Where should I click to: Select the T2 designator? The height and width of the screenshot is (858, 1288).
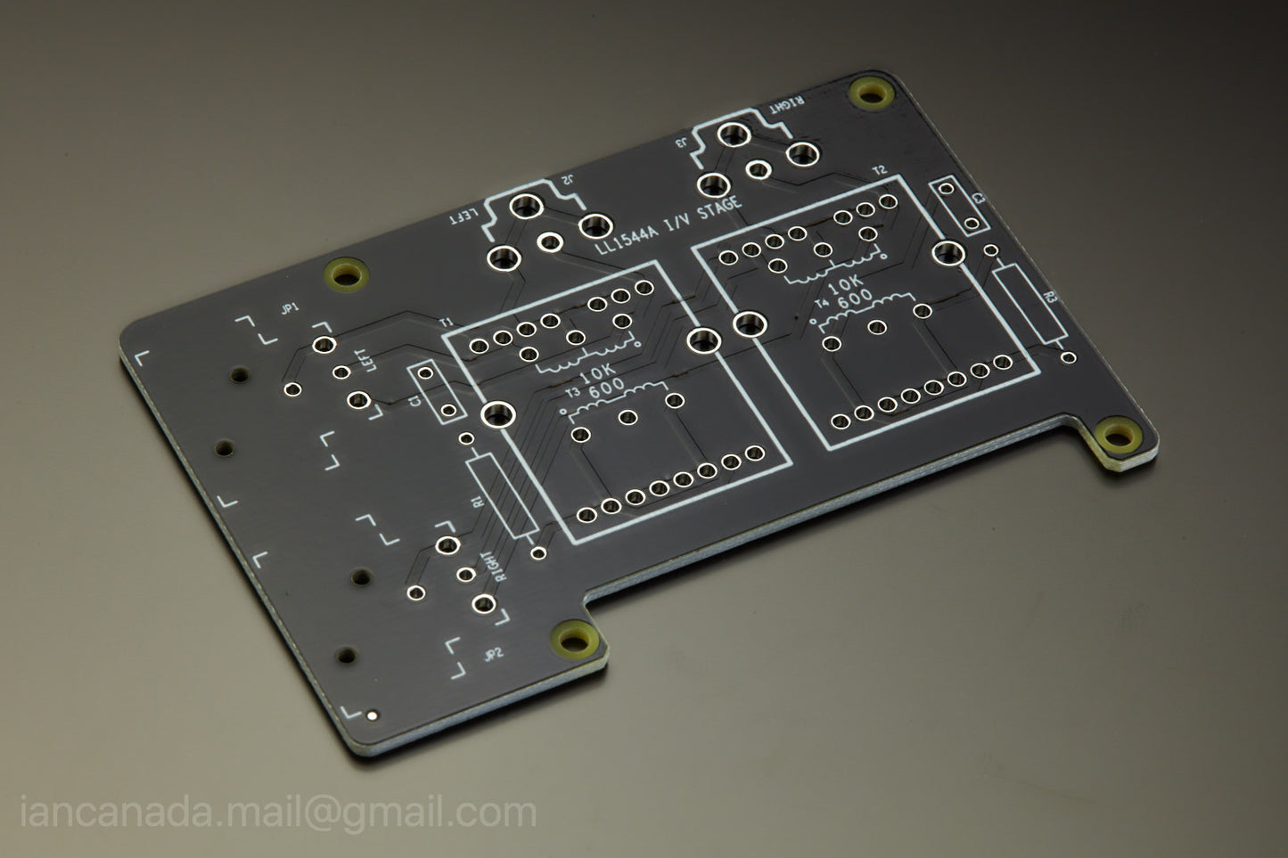(x=880, y=169)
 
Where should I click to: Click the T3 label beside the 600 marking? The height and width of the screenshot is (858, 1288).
(x=572, y=393)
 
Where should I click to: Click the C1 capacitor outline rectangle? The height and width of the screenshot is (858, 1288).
(x=437, y=394)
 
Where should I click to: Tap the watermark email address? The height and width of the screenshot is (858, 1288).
(x=278, y=812)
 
